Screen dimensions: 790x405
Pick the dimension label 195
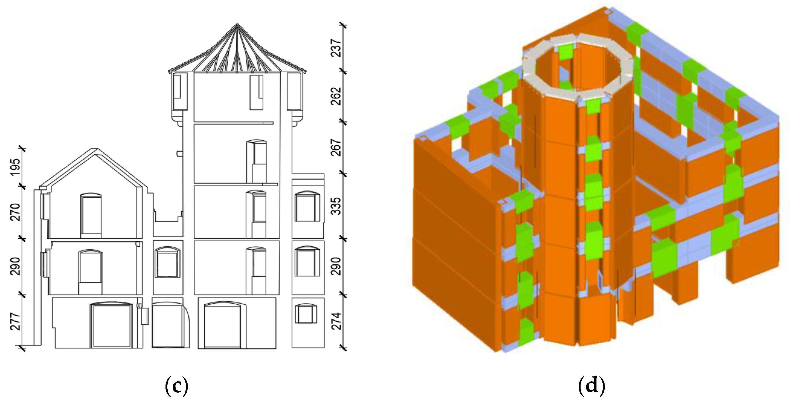(15, 167)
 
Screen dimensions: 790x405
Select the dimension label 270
(15, 212)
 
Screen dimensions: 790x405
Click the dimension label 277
(15, 321)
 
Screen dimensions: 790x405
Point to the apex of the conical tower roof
(237, 24)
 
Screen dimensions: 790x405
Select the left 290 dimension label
(15, 266)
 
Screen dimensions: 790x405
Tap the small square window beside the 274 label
(306, 313)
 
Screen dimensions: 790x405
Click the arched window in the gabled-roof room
(91, 215)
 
